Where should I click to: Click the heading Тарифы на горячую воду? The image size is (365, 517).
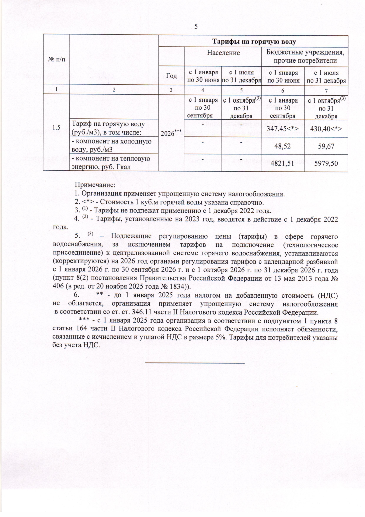pos(254,41)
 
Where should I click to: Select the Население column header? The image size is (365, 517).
pos(223,53)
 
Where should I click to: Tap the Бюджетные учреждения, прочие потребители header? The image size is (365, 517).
pos(305,56)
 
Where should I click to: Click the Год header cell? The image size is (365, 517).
pos(172,76)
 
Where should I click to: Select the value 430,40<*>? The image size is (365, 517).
pos(326,129)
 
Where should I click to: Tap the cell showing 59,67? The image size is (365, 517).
pos(326,146)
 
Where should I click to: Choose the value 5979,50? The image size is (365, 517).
pos(326,164)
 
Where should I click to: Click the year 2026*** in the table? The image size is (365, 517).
pos(171,133)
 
